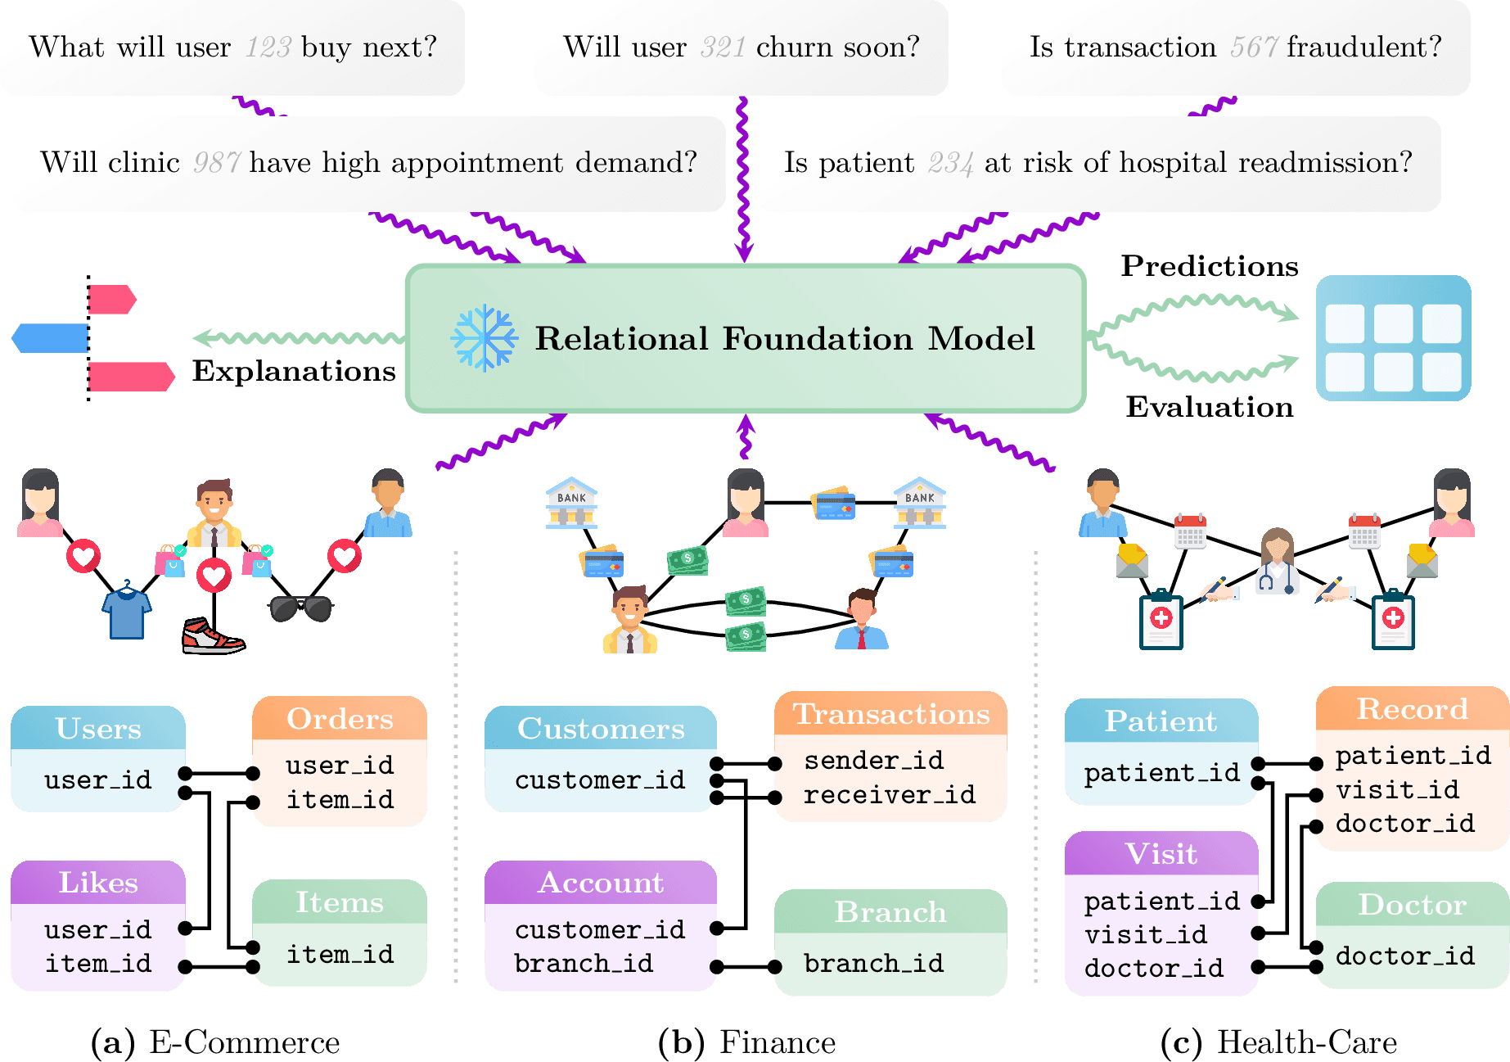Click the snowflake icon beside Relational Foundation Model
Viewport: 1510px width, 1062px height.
(484, 338)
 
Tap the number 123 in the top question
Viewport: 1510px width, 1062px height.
(268, 47)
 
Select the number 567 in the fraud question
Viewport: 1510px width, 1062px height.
(1253, 47)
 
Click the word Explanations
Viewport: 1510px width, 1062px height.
(294, 371)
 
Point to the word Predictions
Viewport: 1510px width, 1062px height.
(1209, 266)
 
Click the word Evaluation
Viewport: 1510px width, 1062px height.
(1209, 407)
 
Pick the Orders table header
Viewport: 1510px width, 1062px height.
(340, 719)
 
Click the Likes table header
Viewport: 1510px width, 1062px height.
(98, 883)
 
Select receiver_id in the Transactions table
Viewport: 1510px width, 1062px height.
(890, 794)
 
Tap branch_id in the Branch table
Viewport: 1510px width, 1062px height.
(873, 963)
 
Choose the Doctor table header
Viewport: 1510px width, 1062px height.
(1412, 905)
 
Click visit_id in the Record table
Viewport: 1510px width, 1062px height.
(1397, 790)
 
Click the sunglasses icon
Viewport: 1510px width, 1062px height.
(301, 608)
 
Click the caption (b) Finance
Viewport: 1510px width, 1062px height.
(747, 1042)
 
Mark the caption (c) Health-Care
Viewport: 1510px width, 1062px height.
(1278, 1042)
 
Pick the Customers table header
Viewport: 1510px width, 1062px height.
(601, 729)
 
